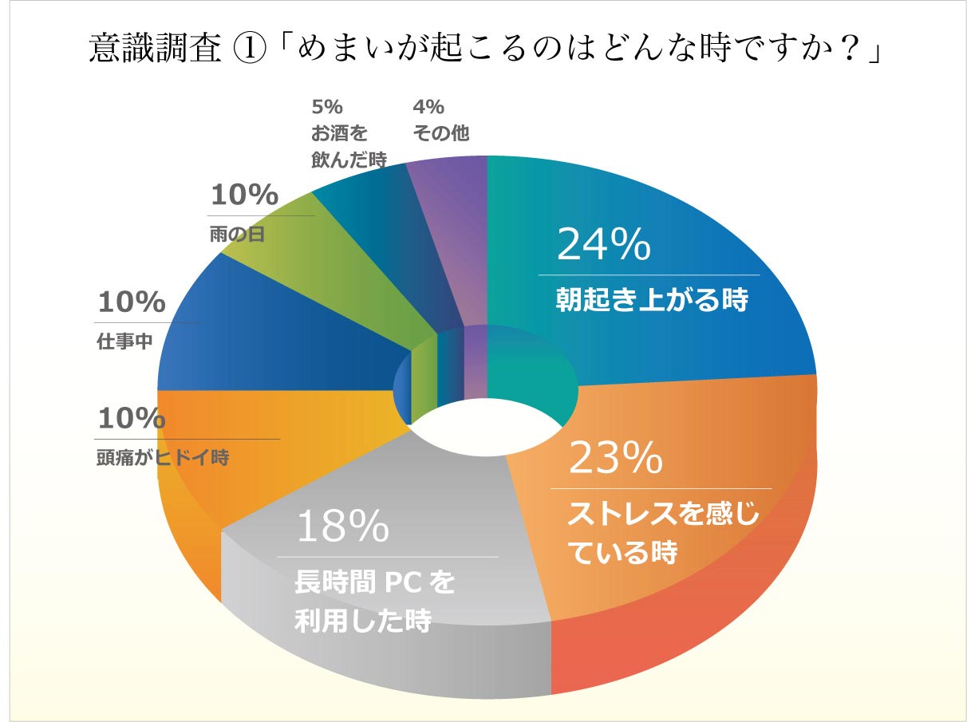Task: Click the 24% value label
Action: (x=603, y=244)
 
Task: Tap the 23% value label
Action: (x=615, y=458)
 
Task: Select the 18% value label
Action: (x=342, y=527)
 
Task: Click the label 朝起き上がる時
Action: (x=652, y=301)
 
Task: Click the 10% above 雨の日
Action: (x=244, y=195)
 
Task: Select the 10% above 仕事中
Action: (x=132, y=302)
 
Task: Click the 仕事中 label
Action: (x=124, y=343)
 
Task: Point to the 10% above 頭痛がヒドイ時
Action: (x=132, y=417)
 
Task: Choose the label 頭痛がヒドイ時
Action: (x=163, y=459)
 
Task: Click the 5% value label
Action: (x=326, y=107)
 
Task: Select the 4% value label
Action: (x=428, y=107)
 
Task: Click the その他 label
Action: (x=440, y=133)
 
